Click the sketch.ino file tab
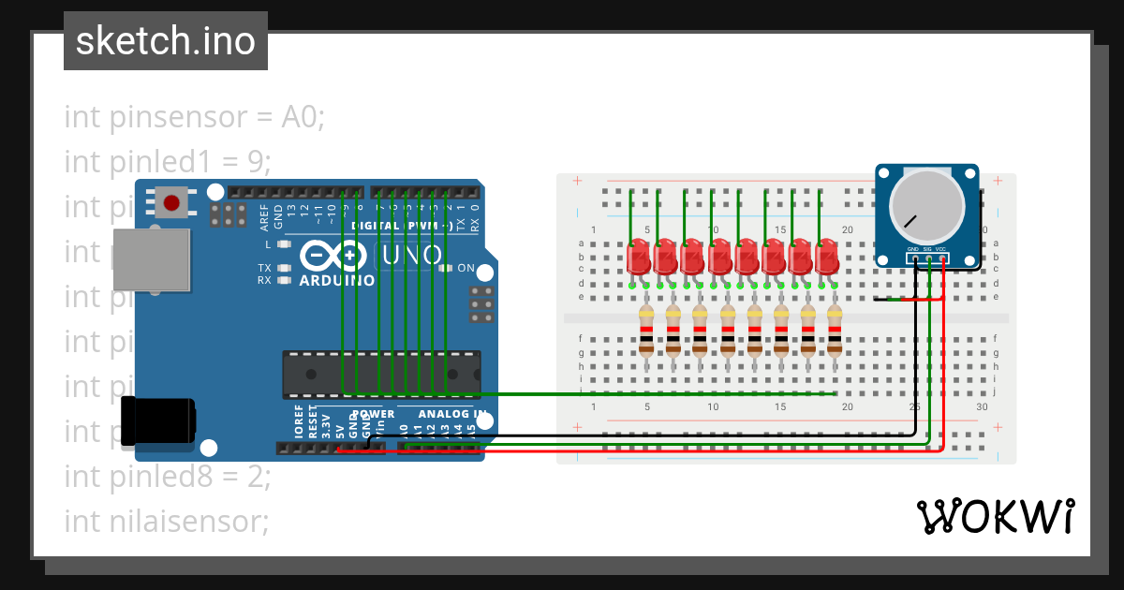click(165, 41)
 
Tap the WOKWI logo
click(994, 516)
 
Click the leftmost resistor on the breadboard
click(645, 330)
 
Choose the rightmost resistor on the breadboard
click(834, 330)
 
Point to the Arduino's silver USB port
click(150, 258)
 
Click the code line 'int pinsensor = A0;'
click(194, 117)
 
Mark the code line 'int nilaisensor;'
click(166, 522)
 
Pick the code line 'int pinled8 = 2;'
click(167, 477)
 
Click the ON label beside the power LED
click(466, 268)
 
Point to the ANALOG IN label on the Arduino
click(452, 414)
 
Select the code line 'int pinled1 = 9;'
click(167, 162)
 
